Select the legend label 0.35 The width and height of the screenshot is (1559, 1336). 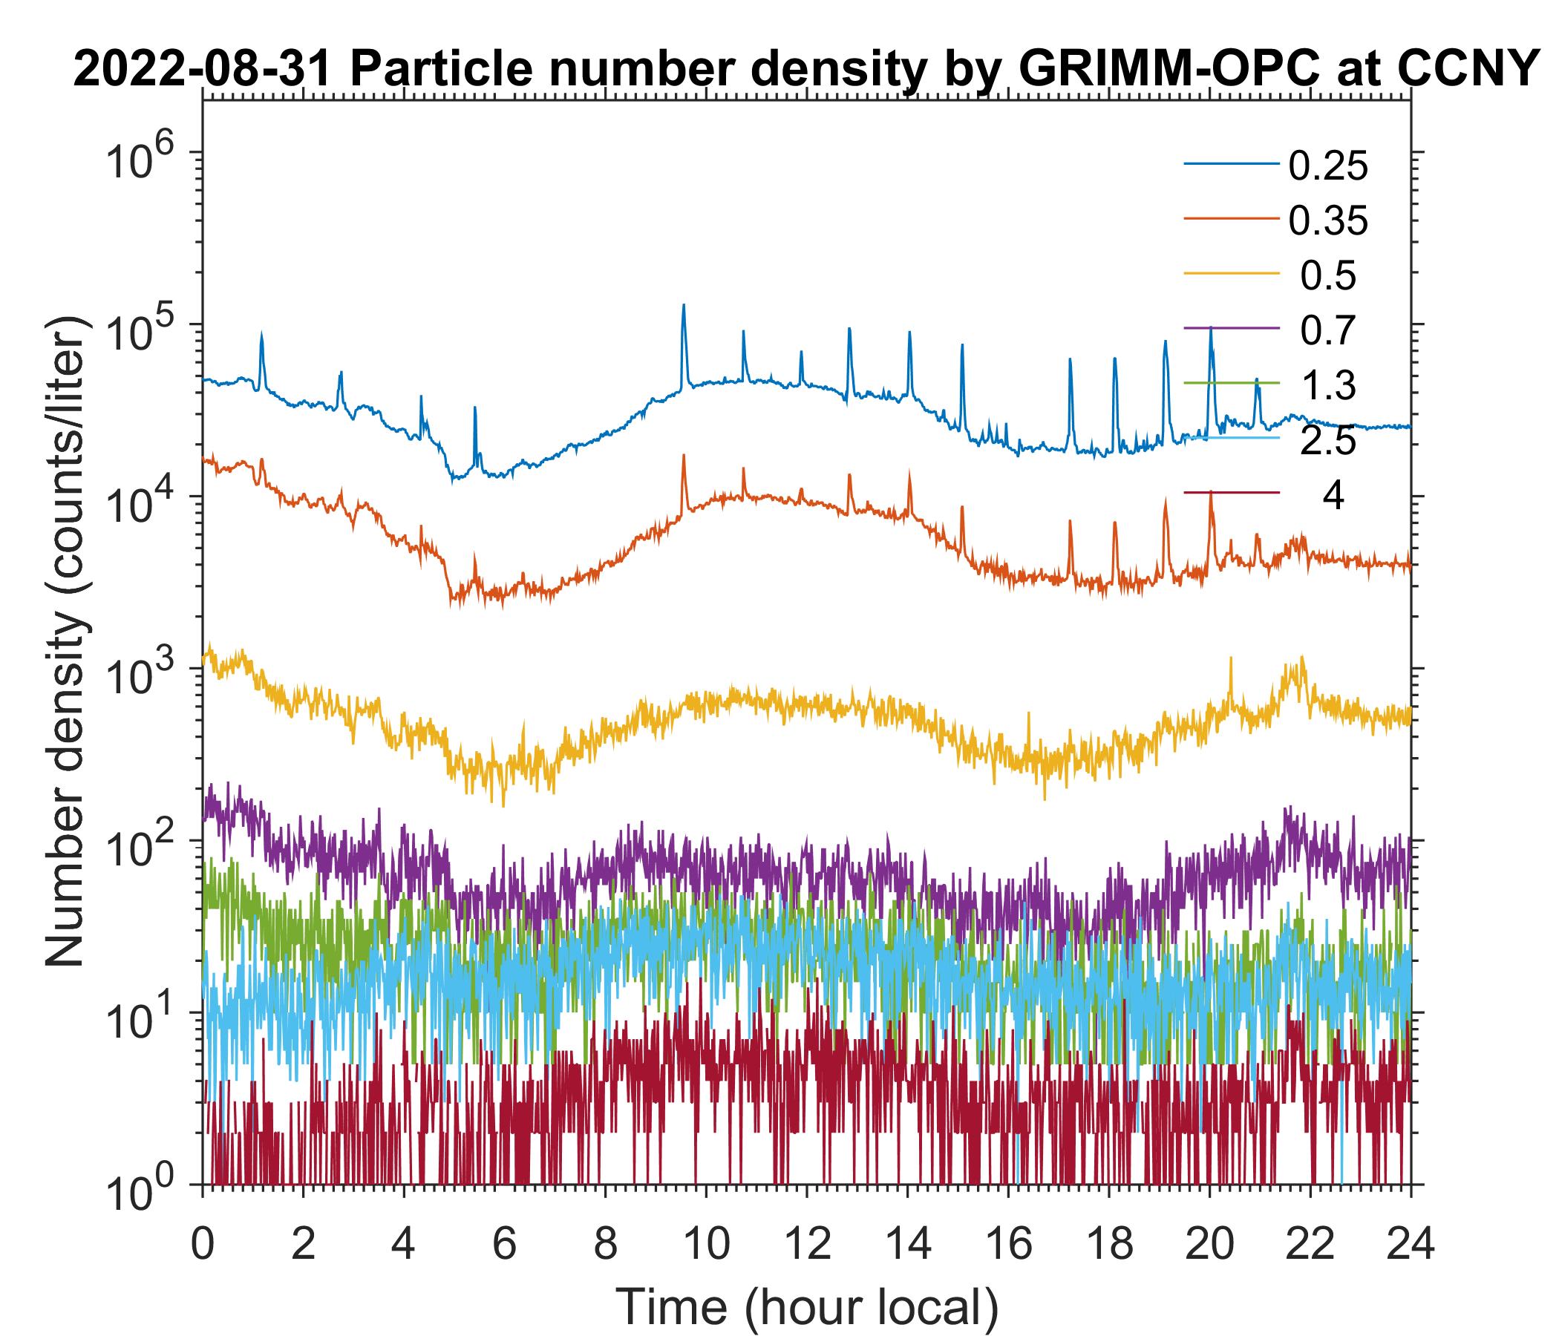(x=1327, y=222)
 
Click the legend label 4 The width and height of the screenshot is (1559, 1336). (x=1333, y=497)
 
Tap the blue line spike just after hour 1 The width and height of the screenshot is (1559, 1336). (x=261, y=333)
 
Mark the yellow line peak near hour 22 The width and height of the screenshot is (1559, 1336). (x=1300, y=659)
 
